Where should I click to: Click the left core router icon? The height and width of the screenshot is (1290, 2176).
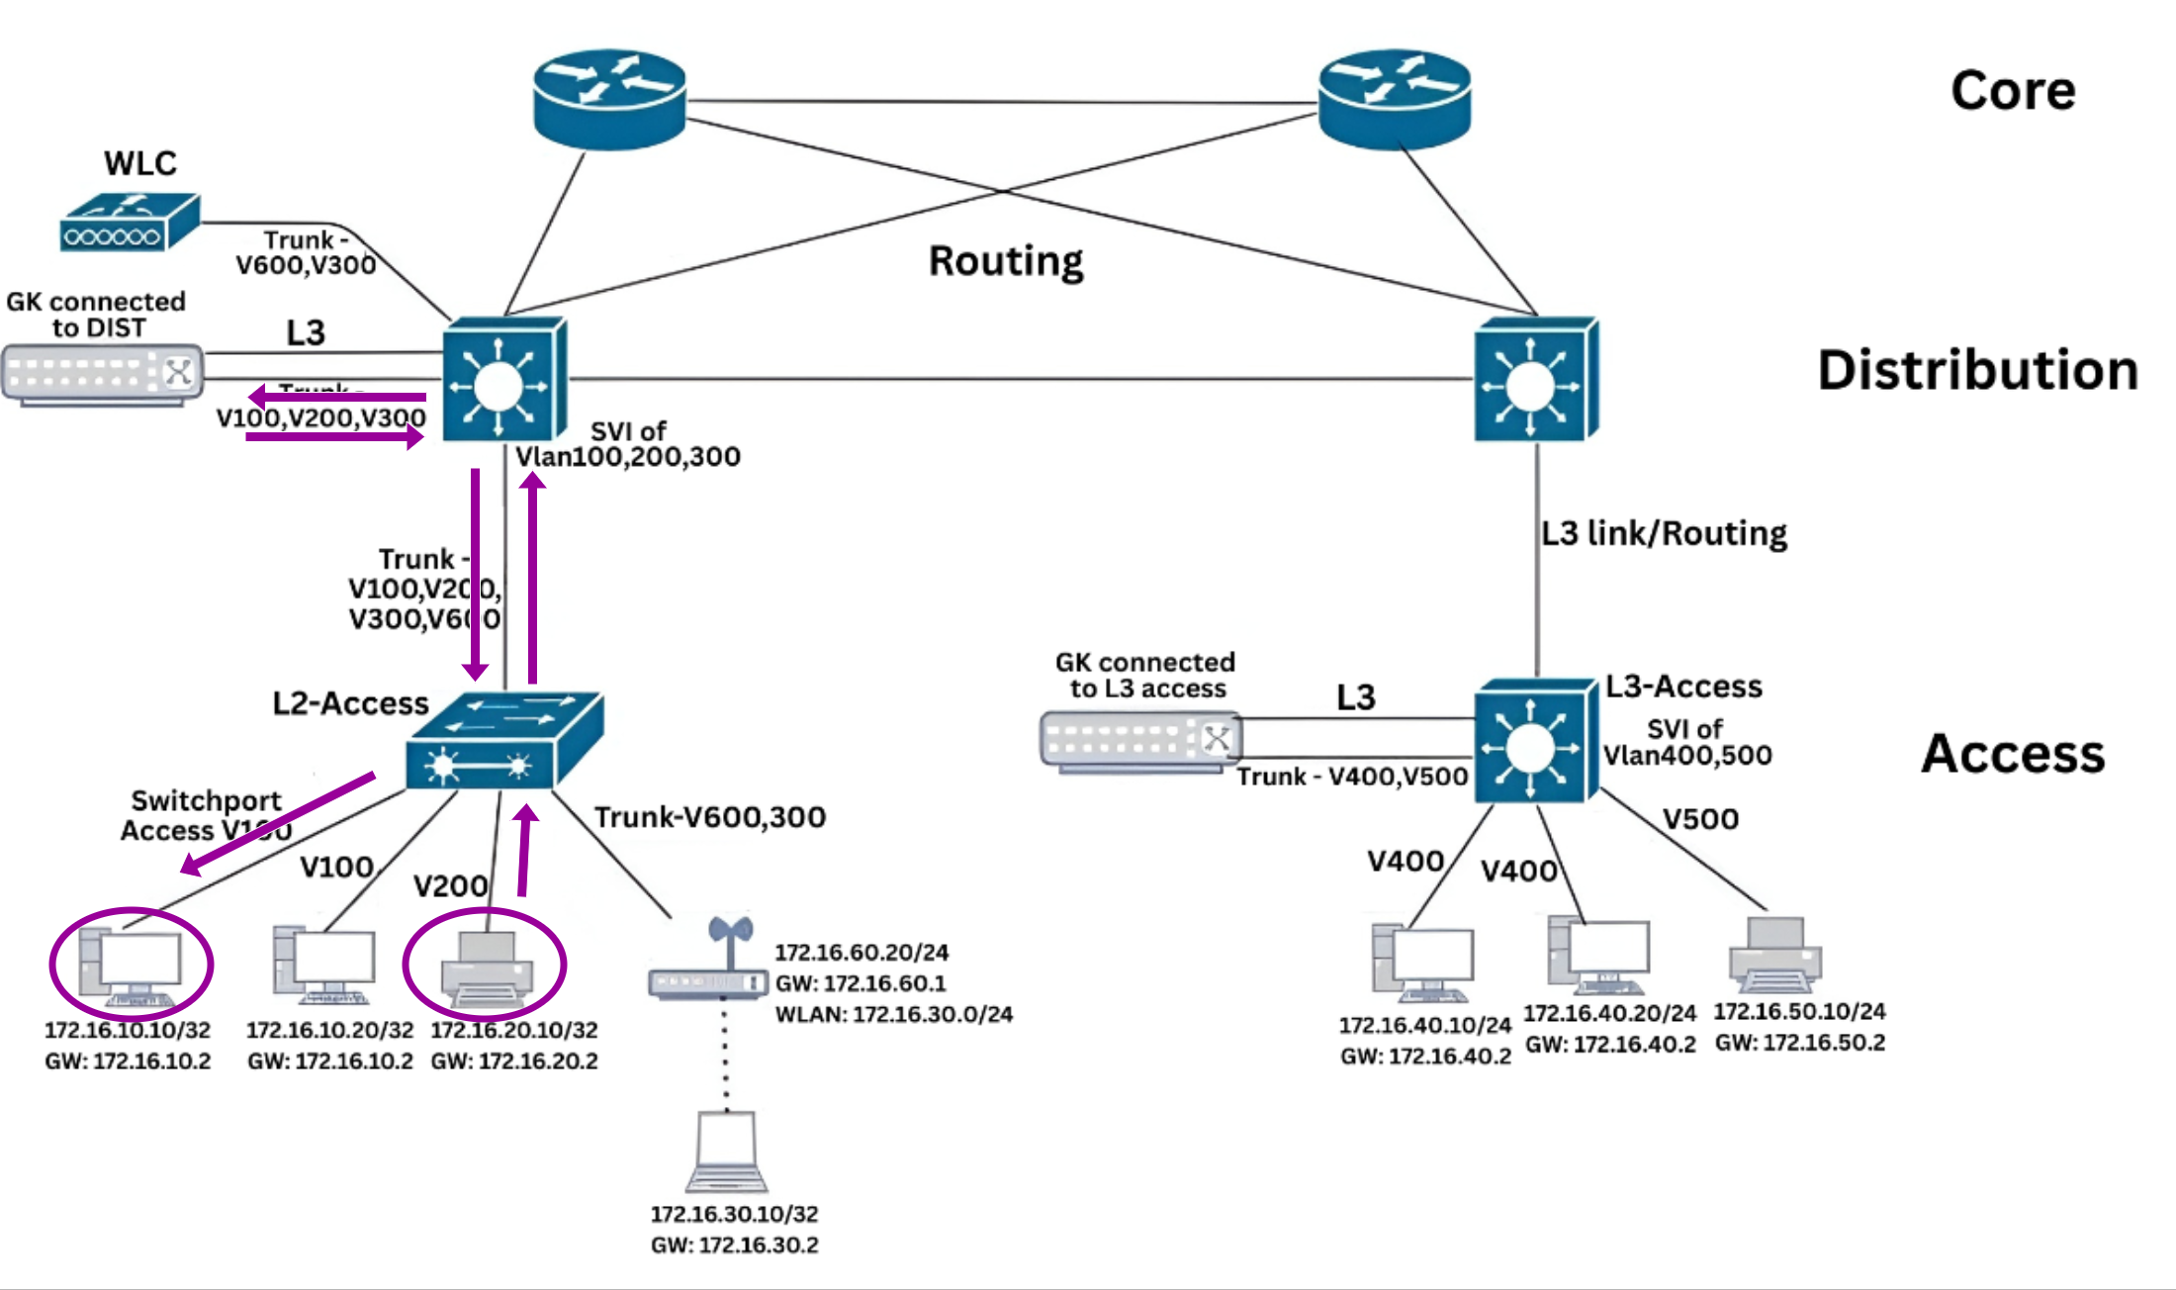pos(609,99)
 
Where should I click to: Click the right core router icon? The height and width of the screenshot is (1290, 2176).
pos(1395,99)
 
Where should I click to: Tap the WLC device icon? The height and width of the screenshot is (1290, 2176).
pos(129,223)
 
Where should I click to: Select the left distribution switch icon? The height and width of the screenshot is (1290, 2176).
pos(503,380)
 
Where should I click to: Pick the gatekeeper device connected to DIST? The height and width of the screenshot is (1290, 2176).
pos(103,375)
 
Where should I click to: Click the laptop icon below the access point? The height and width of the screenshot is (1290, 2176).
pos(727,1152)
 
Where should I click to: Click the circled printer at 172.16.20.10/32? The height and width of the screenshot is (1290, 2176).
pos(487,969)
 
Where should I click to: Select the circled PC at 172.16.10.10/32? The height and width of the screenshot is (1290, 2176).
pos(132,965)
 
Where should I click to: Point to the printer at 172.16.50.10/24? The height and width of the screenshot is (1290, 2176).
pos(1775,956)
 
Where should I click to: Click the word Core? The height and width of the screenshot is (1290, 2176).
pos(2013,91)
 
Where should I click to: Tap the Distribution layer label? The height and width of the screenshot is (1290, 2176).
pos(1978,370)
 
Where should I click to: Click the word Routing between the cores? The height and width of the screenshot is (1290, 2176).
pos(1006,261)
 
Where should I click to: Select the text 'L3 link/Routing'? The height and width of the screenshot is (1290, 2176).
pos(1664,533)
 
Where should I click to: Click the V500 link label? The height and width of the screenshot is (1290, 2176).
pos(1700,819)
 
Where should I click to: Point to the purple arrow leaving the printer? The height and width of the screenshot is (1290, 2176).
pos(524,851)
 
